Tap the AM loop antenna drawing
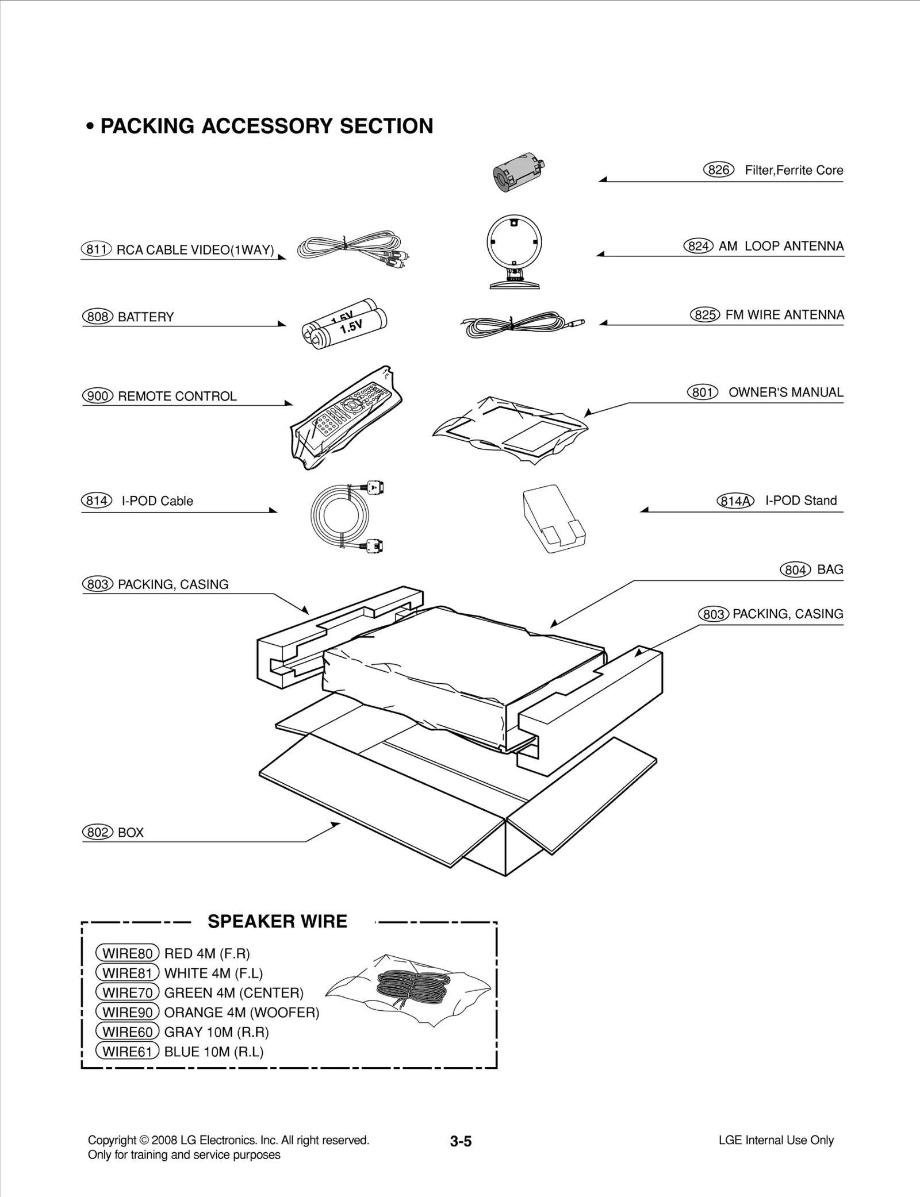click(513, 251)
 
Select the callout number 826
click(719, 170)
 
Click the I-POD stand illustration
click(554, 519)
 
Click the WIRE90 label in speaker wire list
click(127, 1012)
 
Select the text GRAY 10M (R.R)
click(216, 1032)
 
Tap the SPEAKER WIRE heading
click(277, 922)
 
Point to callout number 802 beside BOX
click(98, 833)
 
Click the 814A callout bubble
click(735, 501)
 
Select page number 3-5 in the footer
click(461, 1141)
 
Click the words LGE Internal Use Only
click(776, 1140)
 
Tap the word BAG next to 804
click(830, 569)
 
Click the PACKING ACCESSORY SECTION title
click(266, 126)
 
